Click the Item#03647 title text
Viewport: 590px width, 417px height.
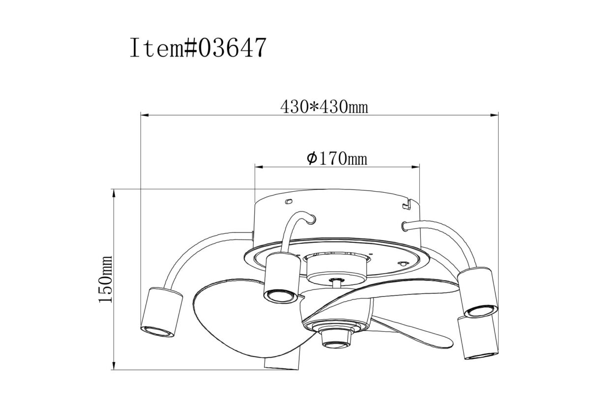(198, 48)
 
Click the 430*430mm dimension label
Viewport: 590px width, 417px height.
(324, 107)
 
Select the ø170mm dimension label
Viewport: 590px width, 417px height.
(337, 159)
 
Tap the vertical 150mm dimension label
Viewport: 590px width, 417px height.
(105, 279)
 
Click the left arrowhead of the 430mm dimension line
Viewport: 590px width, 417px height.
(145, 115)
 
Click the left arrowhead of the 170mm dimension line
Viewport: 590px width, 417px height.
(259, 167)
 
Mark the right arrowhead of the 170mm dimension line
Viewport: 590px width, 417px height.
(415, 167)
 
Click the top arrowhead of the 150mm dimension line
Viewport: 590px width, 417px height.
(114, 194)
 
